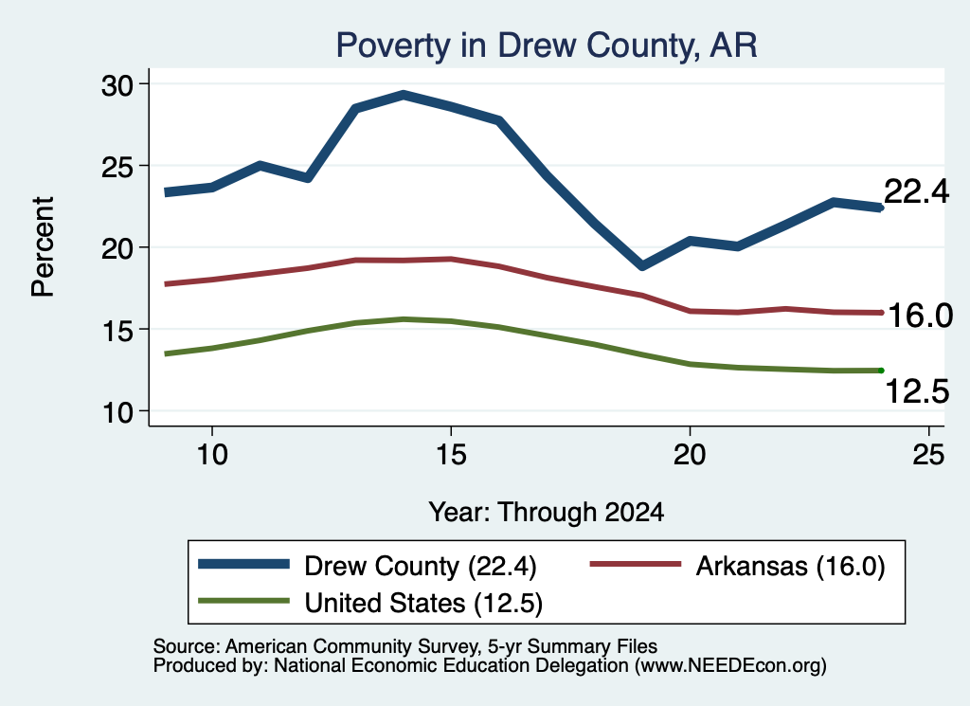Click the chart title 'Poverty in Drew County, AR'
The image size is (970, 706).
(x=547, y=45)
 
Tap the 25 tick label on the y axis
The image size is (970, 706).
(x=117, y=167)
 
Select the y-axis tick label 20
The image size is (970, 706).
(x=117, y=248)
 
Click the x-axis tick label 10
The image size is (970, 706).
(x=212, y=455)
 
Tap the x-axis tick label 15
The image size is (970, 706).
(x=451, y=455)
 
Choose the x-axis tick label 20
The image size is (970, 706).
(x=690, y=455)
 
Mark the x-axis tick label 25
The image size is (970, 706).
(x=928, y=455)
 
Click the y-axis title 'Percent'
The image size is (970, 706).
(x=43, y=247)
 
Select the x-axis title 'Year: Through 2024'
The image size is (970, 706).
(x=547, y=513)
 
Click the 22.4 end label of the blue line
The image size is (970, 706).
(x=916, y=191)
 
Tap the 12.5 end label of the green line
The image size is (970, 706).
(x=917, y=391)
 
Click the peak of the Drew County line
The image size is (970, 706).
(x=404, y=96)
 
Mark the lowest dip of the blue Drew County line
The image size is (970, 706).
(x=642, y=266)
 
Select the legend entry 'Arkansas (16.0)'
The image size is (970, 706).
(x=738, y=566)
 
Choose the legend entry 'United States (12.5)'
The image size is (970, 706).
(x=370, y=604)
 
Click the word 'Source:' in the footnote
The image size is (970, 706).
(x=187, y=646)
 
